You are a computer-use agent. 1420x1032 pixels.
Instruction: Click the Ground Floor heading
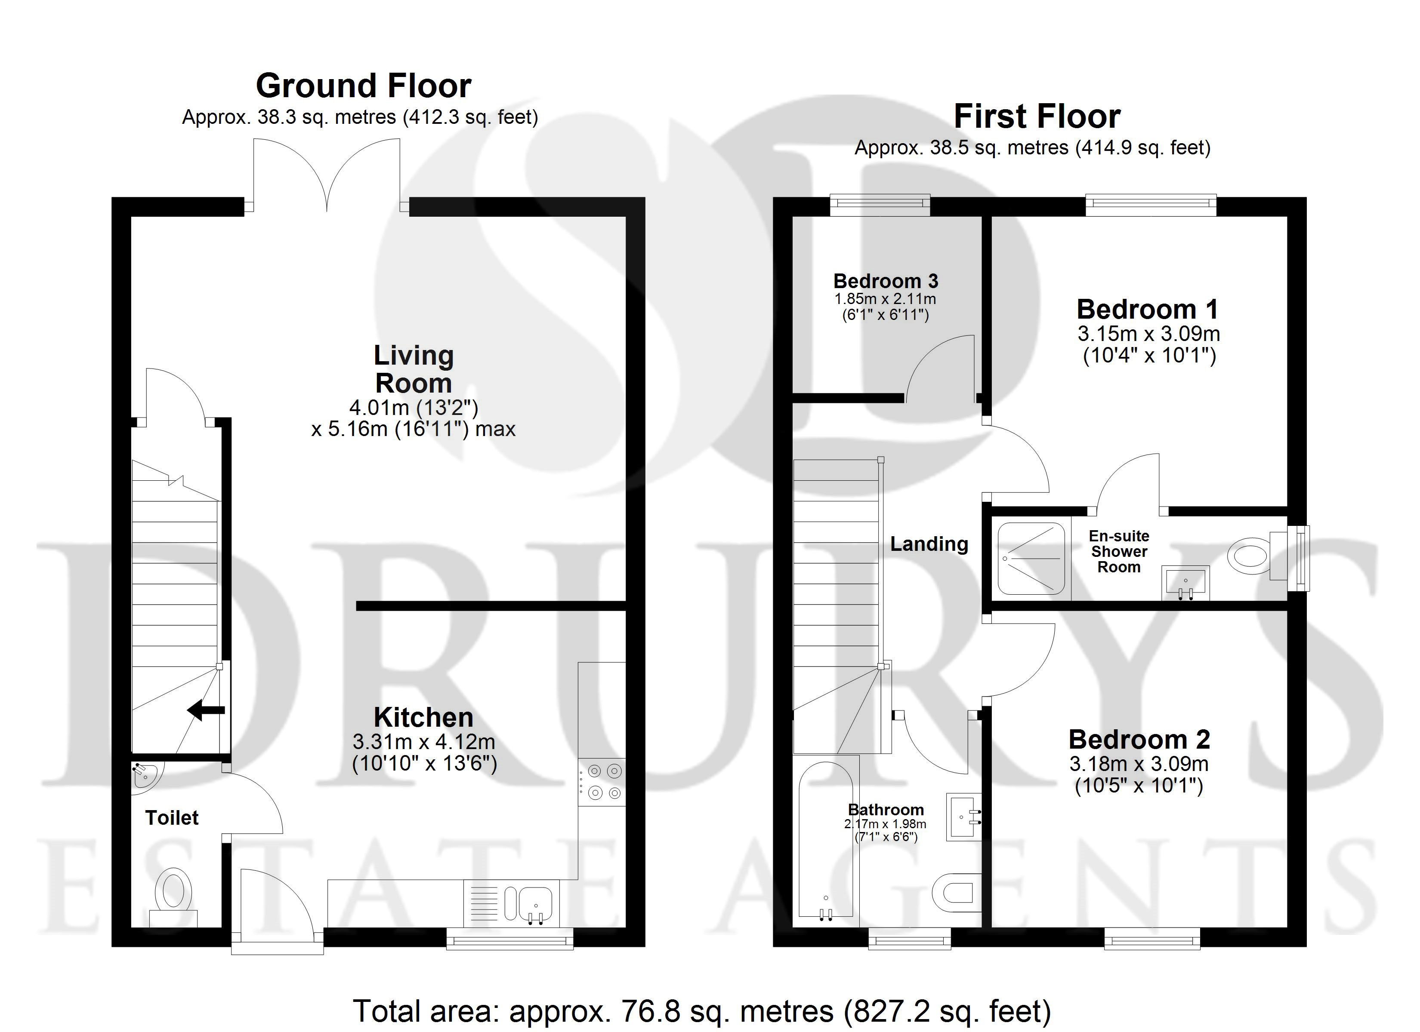[x=363, y=86]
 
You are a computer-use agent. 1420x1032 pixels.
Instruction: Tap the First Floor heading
[x=1037, y=117]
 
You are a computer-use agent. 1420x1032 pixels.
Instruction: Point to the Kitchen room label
[x=423, y=717]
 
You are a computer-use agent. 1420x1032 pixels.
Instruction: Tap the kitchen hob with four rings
[x=602, y=782]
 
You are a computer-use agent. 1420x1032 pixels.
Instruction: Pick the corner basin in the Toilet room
[x=145, y=776]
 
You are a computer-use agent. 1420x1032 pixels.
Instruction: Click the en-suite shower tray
[x=1031, y=558]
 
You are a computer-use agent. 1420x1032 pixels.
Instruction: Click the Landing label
[x=929, y=544]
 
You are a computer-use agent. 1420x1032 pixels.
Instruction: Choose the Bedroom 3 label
[x=885, y=281]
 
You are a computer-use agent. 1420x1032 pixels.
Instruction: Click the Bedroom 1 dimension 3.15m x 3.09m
[x=1148, y=334]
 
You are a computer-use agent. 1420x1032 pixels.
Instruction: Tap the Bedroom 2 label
[x=1139, y=740]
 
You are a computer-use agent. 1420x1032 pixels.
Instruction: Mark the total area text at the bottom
[x=702, y=1012]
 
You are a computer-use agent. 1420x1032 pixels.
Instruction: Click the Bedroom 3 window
[x=880, y=205]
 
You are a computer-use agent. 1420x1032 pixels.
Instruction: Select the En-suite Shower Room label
[x=1119, y=551]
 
